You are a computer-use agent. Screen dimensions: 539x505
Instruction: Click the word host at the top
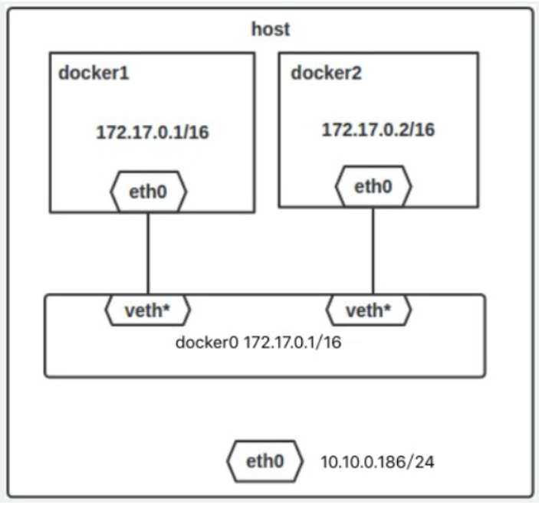pyautogui.click(x=271, y=29)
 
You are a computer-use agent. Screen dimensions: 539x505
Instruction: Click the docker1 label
pyautogui.click(x=94, y=73)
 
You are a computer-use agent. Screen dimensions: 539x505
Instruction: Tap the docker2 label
pyautogui.click(x=326, y=73)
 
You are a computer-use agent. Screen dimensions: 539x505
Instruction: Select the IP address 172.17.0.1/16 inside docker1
pyautogui.click(x=153, y=133)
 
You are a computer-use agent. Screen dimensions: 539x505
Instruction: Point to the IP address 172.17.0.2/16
pyautogui.click(x=378, y=130)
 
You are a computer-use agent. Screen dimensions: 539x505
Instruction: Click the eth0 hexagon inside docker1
pyautogui.click(x=148, y=192)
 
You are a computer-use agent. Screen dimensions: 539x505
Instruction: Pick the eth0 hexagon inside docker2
pyautogui.click(x=373, y=186)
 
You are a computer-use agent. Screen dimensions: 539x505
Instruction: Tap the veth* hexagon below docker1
pyautogui.click(x=147, y=310)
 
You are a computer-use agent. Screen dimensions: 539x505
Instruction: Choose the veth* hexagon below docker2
pyautogui.click(x=368, y=310)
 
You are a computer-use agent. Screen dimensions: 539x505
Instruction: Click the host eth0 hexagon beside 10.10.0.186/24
pyautogui.click(x=265, y=461)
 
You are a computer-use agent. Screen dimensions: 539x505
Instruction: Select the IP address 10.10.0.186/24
pyautogui.click(x=377, y=462)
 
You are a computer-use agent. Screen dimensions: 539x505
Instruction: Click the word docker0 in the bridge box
pyautogui.click(x=206, y=343)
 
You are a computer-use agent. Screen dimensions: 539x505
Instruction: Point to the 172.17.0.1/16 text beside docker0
pyautogui.click(x=292, y=343)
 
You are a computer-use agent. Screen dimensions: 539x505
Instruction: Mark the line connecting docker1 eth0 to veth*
pyautogui.click(x=148, y=254)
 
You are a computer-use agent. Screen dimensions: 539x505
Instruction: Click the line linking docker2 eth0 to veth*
pyautogui.click(x=373, y=251)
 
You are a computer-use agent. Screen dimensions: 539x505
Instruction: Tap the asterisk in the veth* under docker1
pyautogui.click(x=166, y=307)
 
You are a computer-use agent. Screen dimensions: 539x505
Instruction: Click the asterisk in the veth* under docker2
pyautogui.click(x=386, y=307)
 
